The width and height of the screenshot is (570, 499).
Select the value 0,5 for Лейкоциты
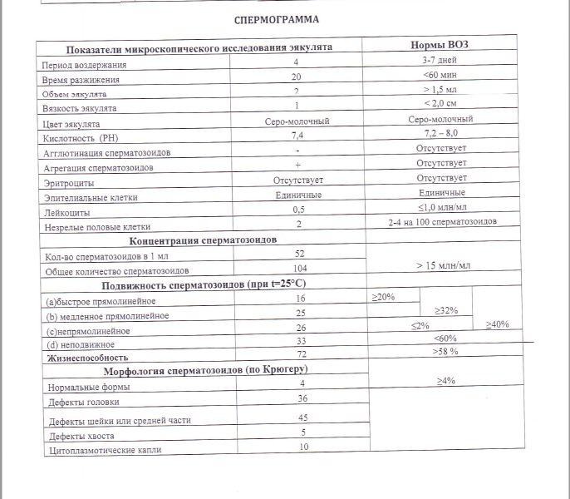[x=298, y=209]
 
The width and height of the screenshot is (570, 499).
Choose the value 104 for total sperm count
[x=298, y=269]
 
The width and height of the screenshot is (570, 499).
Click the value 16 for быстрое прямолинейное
[x=300, y=298]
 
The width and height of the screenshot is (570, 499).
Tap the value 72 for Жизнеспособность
[x=301, y=353]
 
